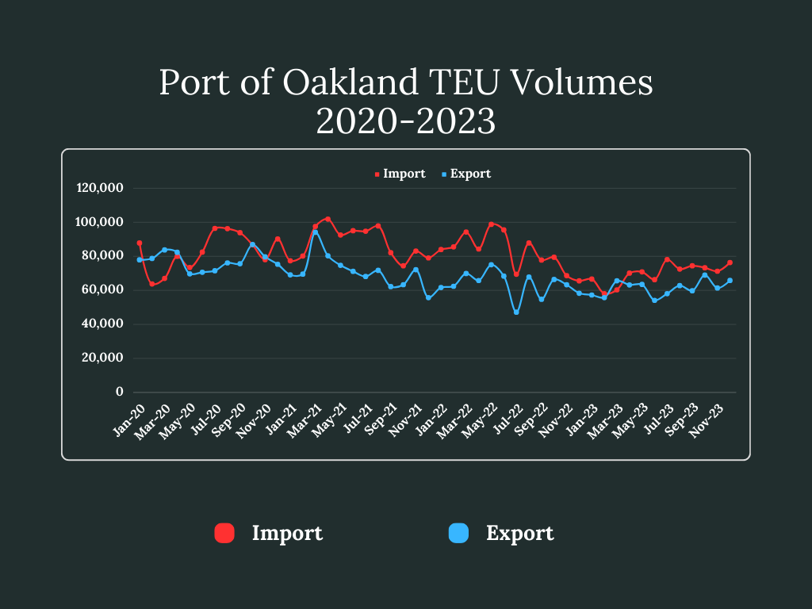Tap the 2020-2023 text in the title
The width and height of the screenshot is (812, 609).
click(405, 121)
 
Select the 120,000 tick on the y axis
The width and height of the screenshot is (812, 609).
click(100, 188)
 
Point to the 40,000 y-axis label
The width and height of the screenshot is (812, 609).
click(103, 324)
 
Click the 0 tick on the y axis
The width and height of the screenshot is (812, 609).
click(120, 392)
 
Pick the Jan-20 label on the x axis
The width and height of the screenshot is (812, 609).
click(129, 417)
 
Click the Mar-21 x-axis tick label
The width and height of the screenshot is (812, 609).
click(305, 417)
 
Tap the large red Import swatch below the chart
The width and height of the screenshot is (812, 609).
click(224, 534)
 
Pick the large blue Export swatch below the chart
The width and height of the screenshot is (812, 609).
click(458, 534)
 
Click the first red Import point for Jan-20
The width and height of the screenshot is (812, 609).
click(140, 243)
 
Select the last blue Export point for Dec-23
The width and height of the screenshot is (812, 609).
click(730, 281)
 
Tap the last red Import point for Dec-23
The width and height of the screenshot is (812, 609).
click(730, 262)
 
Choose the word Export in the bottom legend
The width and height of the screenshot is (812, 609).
click(520, 534)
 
